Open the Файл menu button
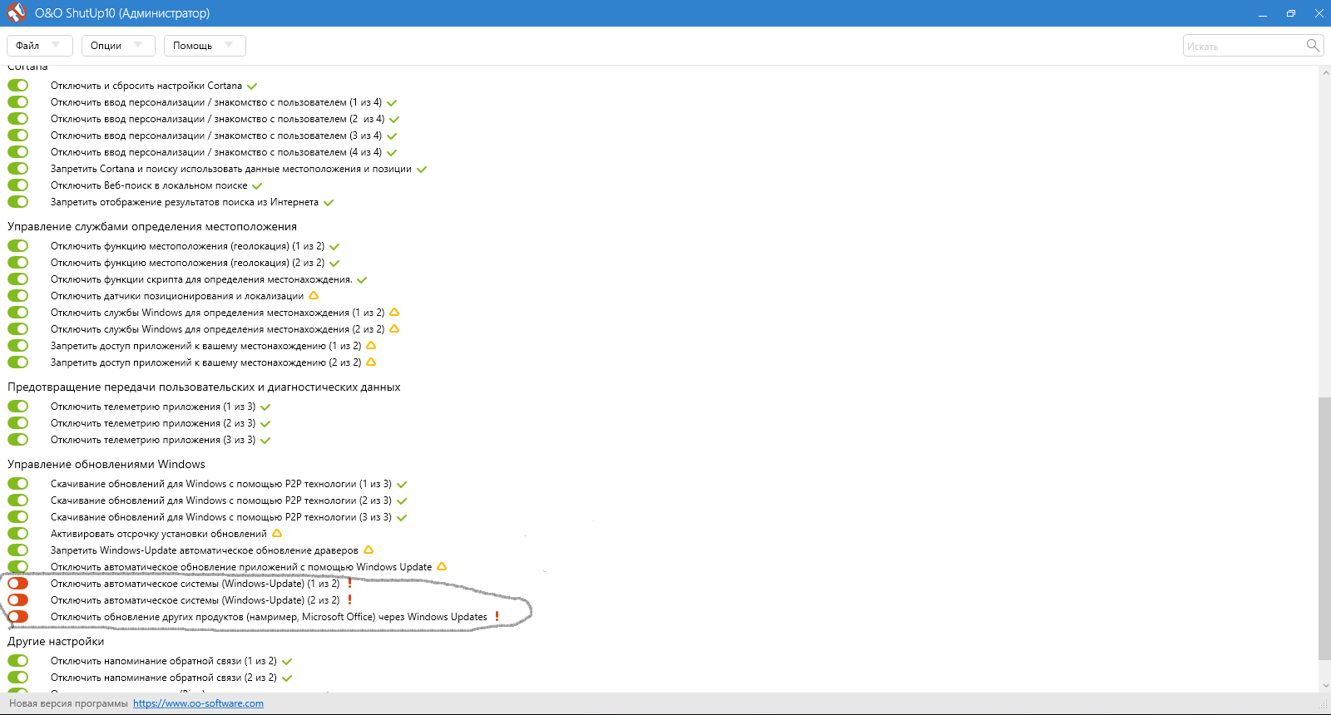click(39, 46)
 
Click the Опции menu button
click(118, 46)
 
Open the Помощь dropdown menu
click(205, 46)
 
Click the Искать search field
click(1242, 46)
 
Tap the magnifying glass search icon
click(1313, 45)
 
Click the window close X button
click(1319, 13)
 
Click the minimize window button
click(1263, 13)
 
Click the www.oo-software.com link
click(198, 703)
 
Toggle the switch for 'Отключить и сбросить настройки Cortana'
click(17, 86)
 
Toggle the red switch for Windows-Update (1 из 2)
click(17, 583)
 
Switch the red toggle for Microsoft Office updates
click(17, 616)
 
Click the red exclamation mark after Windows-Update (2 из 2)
click(349, 599)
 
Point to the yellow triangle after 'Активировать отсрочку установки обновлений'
click(277, 533)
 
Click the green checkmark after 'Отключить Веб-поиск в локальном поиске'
click(257, 186)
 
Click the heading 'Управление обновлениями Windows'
click(106, 464)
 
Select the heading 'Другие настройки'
click(56, 641)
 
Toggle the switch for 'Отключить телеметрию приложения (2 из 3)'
click(17, 423)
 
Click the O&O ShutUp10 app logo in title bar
click(16, 12)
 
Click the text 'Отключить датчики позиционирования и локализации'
click(177, 296)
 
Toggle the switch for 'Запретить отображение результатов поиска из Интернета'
click(17, 202)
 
